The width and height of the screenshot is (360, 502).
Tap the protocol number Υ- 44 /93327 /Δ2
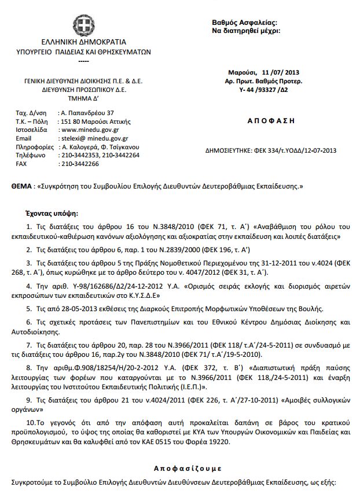(x=266, y=90)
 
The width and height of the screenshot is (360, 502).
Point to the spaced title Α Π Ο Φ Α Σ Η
(x=266, y=121)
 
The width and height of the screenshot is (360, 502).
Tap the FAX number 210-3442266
(x=79, y=164)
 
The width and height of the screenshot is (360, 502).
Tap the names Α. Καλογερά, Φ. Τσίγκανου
(x=100, y=147)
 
